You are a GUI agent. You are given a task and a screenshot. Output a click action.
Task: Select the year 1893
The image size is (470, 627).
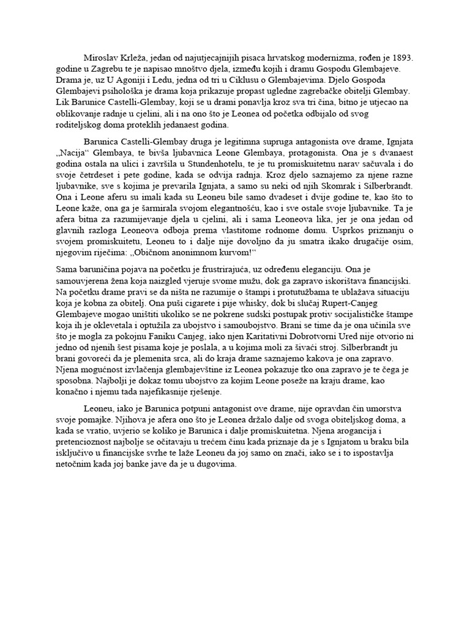pos(401,58)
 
